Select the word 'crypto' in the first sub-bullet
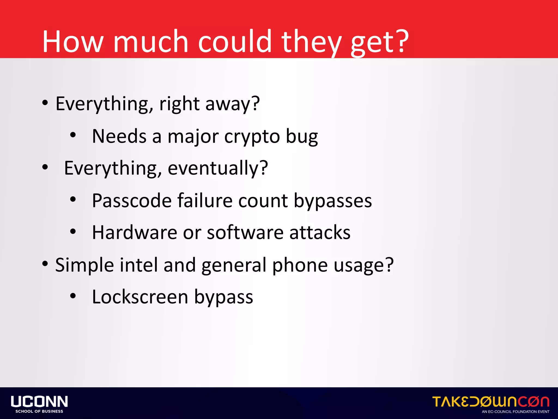pos(252,136)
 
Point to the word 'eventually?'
pos(218,168)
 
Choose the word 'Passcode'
pos(132,201)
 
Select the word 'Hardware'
pos(135,233)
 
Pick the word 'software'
pos(245,233)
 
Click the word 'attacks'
pos(320,233)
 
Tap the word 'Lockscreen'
pos(140,297)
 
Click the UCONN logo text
pos(39,402)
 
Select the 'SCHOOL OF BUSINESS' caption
pos(39,411)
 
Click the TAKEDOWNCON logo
pos(491,402)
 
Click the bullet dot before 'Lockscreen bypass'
pos(73,296)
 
